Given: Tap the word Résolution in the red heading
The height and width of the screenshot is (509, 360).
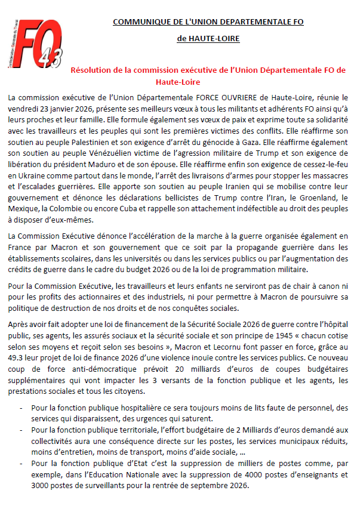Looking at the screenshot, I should tap(91, 70).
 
